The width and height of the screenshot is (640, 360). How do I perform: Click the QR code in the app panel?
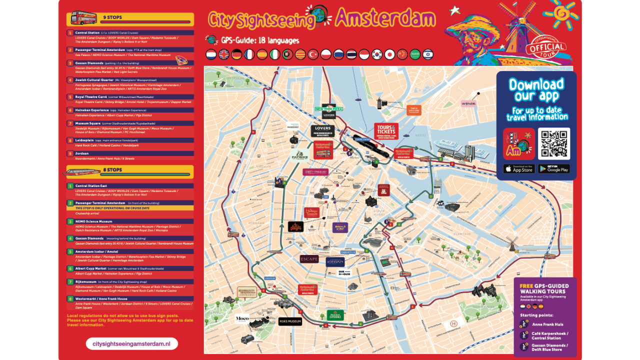pyautogui.click(x=554, y=143)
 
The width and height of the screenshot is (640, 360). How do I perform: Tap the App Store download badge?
pyautogui.click(x=519, y=169)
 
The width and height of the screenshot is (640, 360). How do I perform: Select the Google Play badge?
pyautogui.click(x=554, y=169)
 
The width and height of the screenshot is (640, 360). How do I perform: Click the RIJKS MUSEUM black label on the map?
pyautogui.click(x=290, y=321)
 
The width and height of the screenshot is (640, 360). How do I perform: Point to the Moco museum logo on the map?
pyautogui.click(x=242, y=318)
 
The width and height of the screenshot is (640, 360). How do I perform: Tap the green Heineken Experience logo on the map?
pyautogui.click(x=335, y=314)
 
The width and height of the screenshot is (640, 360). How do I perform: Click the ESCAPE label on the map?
pyautogui.click(x=309, y=259)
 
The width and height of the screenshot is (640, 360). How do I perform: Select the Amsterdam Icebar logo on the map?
pyautogui.click(x=335, y=261)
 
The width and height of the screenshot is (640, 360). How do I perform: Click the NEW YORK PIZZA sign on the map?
pyautogui.click(x=328, y=108)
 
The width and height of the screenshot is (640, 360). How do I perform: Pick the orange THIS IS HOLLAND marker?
pyautogui.click(x=413, y=110)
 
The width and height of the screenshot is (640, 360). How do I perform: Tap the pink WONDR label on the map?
pyautogui.click(x=468, y=103)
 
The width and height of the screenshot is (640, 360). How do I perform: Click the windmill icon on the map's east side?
pyautogui.click(x=512, y=243)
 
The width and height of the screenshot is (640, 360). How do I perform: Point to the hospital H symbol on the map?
pyautogui.click(x=453, y=324)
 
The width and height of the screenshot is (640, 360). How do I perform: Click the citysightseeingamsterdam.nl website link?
pyautogui.click(x=131, y=343)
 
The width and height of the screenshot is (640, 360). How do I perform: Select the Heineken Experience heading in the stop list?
pyautogui.click(x=92, y=110)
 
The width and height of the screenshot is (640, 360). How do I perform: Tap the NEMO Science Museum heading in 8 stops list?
pyautogui.click(x=93, y=221)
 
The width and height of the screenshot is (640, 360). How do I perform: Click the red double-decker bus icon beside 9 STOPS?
pyautogui.click(x=82, y=18)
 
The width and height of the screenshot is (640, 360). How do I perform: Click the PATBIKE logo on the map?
pyautogui.click(x=301, y=155)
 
